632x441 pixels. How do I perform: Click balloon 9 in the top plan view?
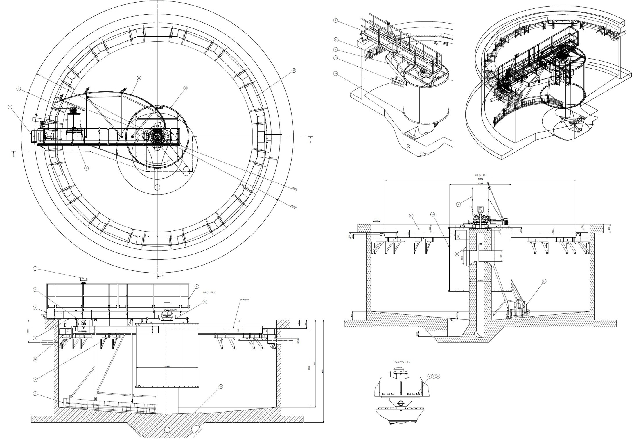click(x=10, y=107)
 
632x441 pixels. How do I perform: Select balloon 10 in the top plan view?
click(x=186, y=88)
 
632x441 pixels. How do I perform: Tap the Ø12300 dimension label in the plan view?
click(x=294, y=207)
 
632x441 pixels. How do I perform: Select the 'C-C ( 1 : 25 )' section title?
click(x=481, y=175)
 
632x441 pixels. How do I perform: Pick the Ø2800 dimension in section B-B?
click(x=167, y=366)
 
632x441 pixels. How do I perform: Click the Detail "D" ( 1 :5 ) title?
click(x=402, y=362)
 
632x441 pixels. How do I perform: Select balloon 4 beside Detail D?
click(x=430, y=376)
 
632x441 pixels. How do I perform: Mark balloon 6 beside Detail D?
click(x=438, y=376)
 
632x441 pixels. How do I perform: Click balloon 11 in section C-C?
click(x=544, y=281)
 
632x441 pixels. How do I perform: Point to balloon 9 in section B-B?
click(x=35, y=307)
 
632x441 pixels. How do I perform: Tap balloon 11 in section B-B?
click(x=35, y=393)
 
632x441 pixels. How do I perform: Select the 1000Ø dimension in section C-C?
click(x=481, y=281)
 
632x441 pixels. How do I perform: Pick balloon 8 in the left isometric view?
click(x=336, y=21)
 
